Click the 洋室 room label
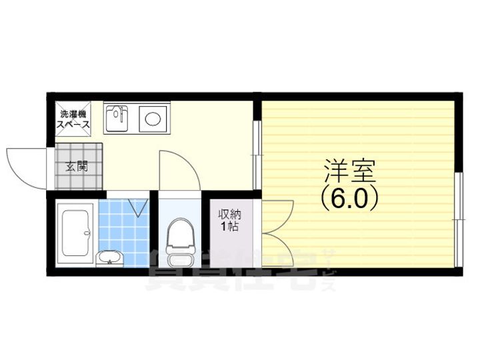351,171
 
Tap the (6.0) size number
351,198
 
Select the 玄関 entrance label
76,167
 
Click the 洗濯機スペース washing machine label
73,119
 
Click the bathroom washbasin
109,256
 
